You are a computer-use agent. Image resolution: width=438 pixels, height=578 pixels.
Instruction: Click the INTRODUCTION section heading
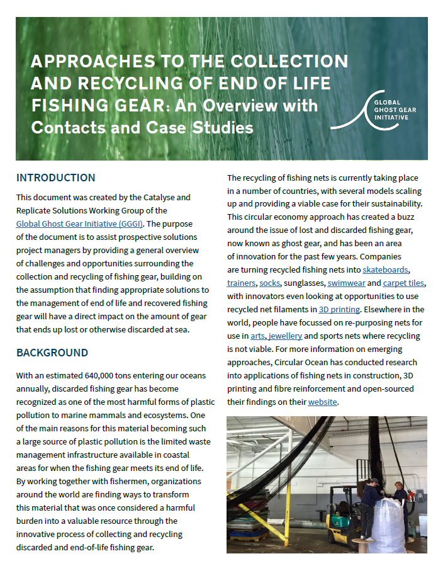tap(56, 178)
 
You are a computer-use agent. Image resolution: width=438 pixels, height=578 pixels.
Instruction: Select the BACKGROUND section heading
tap(52, 353)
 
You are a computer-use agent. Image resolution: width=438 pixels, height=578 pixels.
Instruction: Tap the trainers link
tap(241, 283)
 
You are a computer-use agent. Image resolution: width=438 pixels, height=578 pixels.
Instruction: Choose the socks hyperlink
tap(269, 283)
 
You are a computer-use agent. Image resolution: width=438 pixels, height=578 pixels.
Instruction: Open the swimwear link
tap(346, 283)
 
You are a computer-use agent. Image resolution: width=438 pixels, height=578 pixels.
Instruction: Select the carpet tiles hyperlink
tap(403, 283)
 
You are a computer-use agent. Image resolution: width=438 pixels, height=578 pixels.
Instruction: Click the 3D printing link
tap(339, 310)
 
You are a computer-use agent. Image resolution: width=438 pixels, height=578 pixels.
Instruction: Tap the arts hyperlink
tap(257, 336)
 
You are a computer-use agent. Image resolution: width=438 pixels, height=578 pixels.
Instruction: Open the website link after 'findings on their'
tap(322, 402)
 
